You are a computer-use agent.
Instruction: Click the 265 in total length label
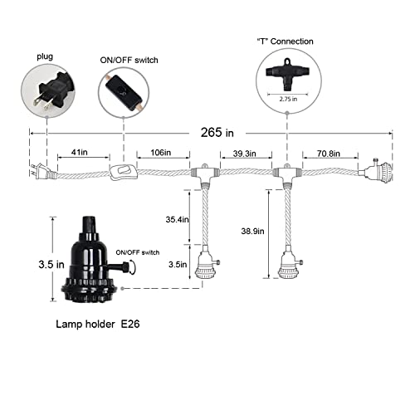point(217,132)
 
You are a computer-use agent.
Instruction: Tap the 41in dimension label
point(80,152)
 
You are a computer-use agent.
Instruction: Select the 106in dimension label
point(161,153)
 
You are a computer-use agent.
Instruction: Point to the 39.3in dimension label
point(244,154)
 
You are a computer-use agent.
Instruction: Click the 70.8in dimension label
point(328,154)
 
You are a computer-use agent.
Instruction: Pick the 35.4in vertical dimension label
point(178,219)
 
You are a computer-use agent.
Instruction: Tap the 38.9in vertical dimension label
point(252,231)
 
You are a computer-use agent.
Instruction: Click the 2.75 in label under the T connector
point(288,99)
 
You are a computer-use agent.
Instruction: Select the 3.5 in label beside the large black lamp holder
point(51,265)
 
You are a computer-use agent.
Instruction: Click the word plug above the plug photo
point(45,56)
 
